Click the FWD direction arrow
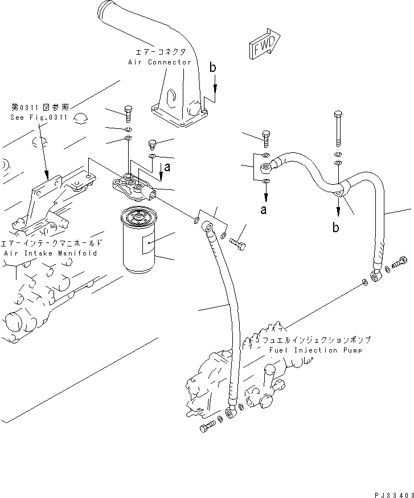[263, 46]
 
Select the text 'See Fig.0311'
[39, 118]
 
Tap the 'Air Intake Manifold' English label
[50, 252]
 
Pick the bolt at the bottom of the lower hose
[209, 427]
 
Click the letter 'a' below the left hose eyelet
[263, 210]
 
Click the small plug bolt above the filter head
[152, 142]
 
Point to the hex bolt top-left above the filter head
[128, 112]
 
